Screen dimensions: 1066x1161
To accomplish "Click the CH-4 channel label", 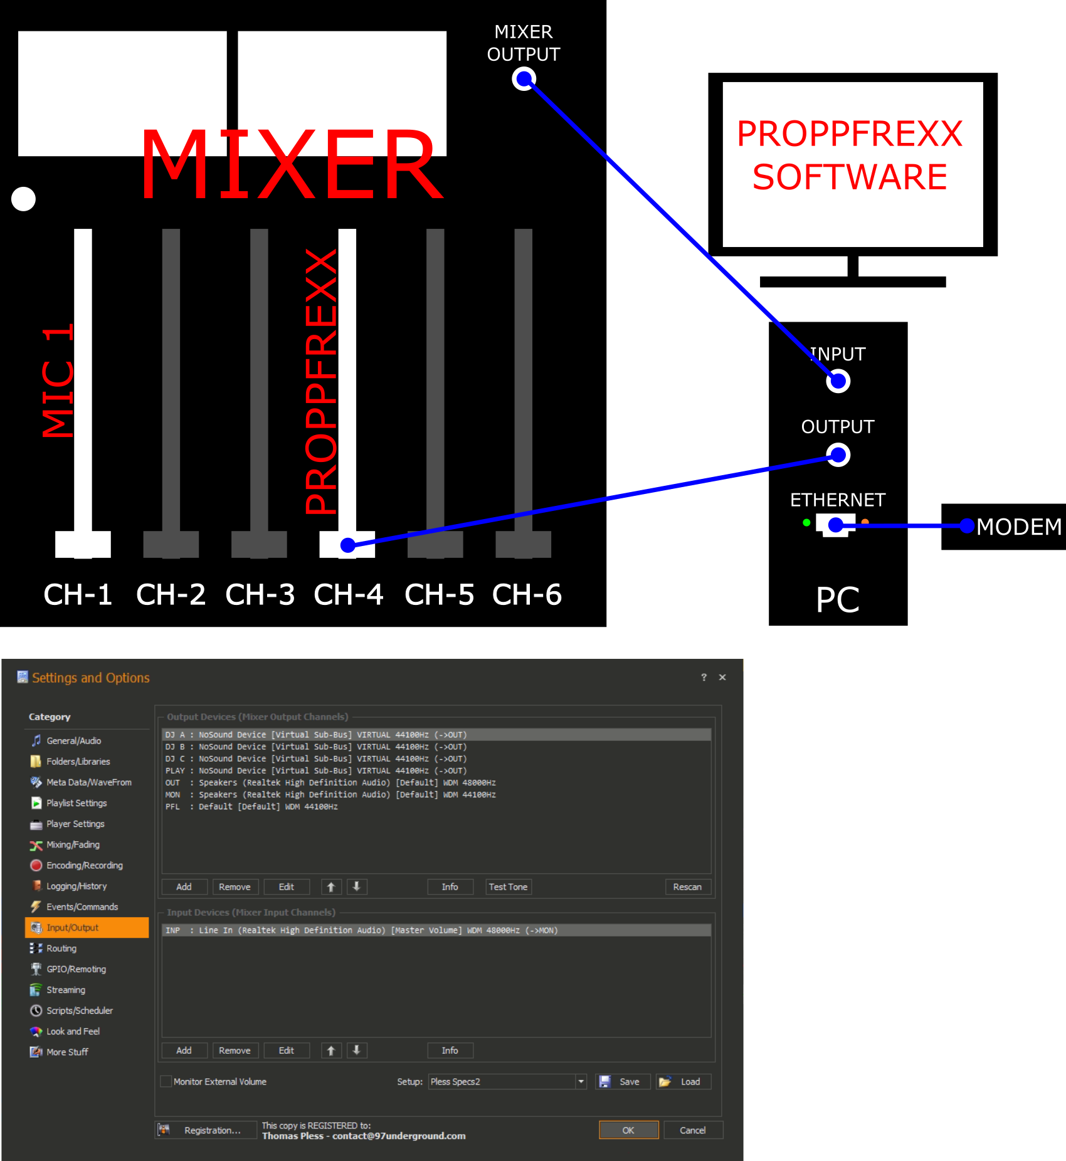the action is tap(348, 594).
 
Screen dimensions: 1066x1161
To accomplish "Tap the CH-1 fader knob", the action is tap(83, 544).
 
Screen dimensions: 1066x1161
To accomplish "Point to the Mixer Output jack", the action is tap(524, 79).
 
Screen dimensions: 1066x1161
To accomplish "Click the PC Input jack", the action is tap(838, 381).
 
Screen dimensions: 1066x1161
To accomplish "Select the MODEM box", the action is tap(1003, 527).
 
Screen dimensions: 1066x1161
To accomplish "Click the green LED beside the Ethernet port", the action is tap(806, 522).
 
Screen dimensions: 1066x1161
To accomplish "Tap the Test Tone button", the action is tap(508, 886).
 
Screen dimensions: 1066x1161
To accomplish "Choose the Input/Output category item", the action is tap(87, 927).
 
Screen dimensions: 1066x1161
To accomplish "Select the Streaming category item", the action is tap(65, 990).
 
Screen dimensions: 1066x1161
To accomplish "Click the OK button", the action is tap(628, 1130).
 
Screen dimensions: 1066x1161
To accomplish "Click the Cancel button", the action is tap(692, 1130).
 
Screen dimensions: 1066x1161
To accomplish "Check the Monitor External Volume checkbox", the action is tap(166, 1081).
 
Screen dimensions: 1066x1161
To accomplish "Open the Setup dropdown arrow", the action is tap(581, 1081).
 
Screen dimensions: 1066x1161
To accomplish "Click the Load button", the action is tap(683, 1081).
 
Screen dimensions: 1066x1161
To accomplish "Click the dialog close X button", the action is tap(722, 677).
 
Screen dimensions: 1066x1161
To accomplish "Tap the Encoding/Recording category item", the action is tap(77, 865).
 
